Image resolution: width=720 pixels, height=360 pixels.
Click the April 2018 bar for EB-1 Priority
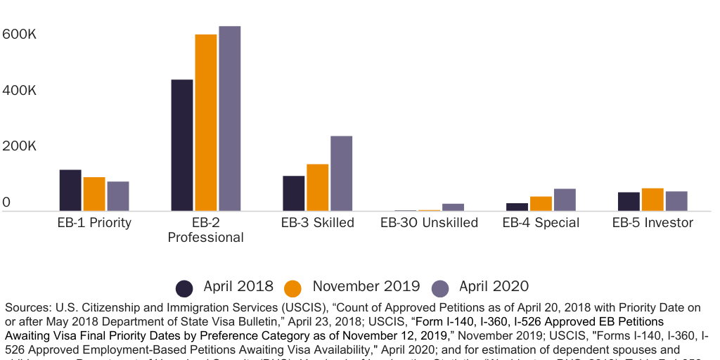tap(70, 191)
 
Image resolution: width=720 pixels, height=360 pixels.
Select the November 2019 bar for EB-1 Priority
tap(94, 194)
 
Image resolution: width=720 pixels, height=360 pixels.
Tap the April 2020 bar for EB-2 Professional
tap(229, 119)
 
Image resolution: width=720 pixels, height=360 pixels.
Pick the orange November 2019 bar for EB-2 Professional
tap(205, 123)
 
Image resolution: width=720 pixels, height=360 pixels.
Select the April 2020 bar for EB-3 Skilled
tap(341, 174)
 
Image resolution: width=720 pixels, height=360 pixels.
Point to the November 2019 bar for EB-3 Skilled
tap(317, 188)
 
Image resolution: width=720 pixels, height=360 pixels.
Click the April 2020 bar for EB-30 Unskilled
tap(453, 207)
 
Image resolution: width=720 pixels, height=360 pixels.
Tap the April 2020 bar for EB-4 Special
tap(565, 200)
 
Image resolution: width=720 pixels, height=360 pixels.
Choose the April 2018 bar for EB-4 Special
tap(517, 207)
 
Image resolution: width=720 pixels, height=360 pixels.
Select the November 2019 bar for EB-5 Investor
tap(652, 200)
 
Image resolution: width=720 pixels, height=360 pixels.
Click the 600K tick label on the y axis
tap(19, 34)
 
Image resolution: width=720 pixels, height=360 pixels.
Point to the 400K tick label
tap(19, 91)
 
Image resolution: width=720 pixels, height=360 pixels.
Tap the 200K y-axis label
tap(19, 147)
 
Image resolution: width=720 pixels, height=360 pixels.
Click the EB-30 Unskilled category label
tap(429, 223)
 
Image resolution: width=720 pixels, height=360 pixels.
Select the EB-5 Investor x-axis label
tap(652, 223)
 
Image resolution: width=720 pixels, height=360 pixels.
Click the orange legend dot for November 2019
tap(293, 288)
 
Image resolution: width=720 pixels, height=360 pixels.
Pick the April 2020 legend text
tap(494, 286)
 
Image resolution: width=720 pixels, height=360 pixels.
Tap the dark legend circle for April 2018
tap(184, 288)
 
